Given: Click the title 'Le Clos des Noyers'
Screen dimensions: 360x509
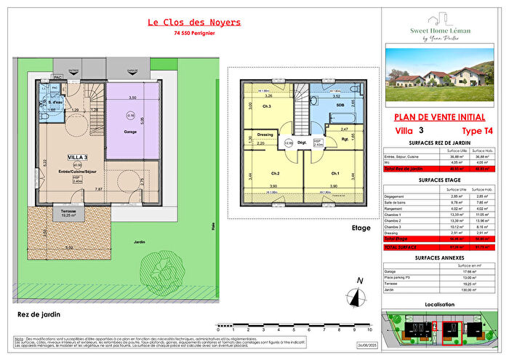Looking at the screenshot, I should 193,23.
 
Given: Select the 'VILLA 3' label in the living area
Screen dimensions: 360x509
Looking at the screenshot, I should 79,157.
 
